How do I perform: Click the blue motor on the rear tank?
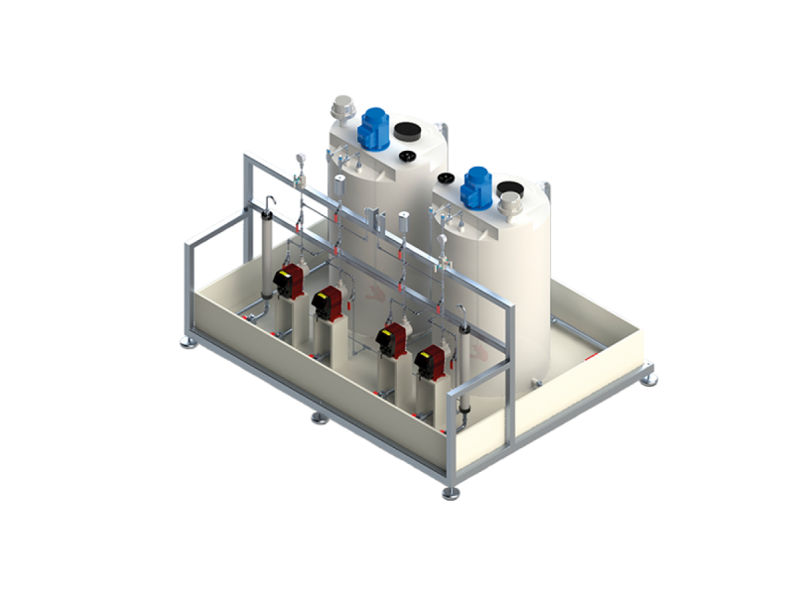pyautogui.click(x=374, y=127)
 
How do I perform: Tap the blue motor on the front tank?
pyautogui.click(x=477, y=186)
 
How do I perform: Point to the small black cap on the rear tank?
pyautogui.click(x=407, y=156)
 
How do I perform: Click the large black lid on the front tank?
pyautogui.click(x=512, y=187)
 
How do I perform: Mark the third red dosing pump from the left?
pyautogui.click(x=391, y=338)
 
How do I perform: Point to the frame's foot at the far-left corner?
pyautogui.click(x=187, y=341)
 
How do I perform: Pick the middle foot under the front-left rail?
pyautogui.click(x=319, y=417)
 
